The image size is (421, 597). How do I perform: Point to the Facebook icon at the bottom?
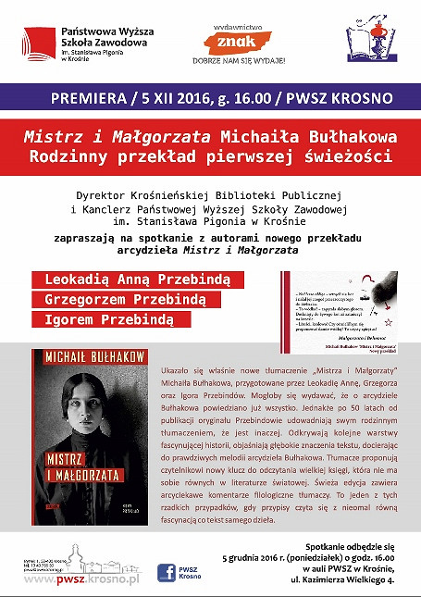coord(167,572)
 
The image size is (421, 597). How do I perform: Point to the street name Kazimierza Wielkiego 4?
coord(329,581)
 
